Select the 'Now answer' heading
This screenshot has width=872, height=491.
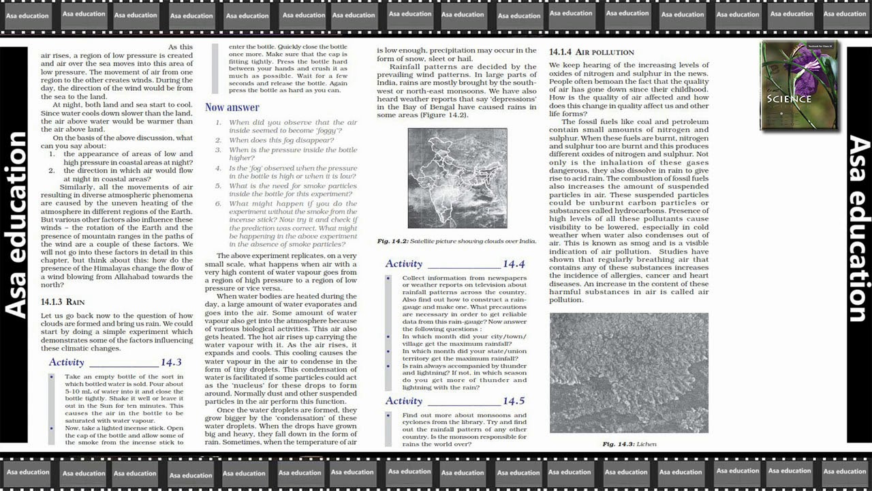pyautogui.click(x=232, y=107)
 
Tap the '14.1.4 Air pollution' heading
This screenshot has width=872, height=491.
pyautogui.click(x=591, y=52)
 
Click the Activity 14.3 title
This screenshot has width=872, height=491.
pyautogui.click(x=115, y=362)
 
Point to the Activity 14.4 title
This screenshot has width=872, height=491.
pyautogui.click(x=454, y=264)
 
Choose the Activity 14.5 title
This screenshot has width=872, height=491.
pyautogui.click(x=454, y=401)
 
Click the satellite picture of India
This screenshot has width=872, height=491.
pyautogui.click(x=457, y=178)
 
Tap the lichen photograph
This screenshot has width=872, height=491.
pyautogui.click(x=628, y=372)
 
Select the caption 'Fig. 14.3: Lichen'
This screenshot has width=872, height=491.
pyautogui.click(x=629, y=444)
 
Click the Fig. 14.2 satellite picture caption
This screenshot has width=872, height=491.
pyautogui.click(x=456, y=241)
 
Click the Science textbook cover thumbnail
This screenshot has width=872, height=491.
pyautogui.click(x=798, y=86)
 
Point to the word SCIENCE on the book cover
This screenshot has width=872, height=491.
pyautogui.click(x=789, y=99)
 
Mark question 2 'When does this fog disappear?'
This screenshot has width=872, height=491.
pyautogui.click(x=281, y=140)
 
